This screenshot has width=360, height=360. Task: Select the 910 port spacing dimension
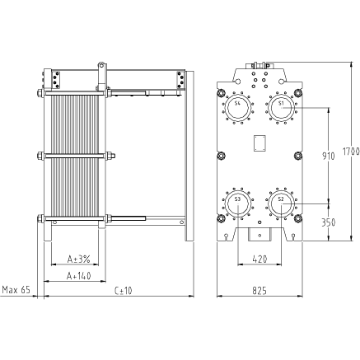click(x=329, y=156)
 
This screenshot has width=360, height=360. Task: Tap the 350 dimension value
click(x=329, y=222)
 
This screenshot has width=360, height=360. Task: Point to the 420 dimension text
click(x=259, y=259)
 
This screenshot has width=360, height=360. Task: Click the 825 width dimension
click(x=259, y=290)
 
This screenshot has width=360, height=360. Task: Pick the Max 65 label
click(x=16, y=290)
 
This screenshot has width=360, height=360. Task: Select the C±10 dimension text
click(x=124, y=290)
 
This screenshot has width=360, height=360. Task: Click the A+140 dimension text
click(x=79, y=276)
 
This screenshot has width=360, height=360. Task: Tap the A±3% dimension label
click(x=79, y=259)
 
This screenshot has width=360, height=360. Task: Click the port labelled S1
click(x=281, y=108)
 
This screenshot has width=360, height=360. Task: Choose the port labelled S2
click(x=281, y=203)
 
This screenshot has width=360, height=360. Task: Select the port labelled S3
click(x=238, y=203)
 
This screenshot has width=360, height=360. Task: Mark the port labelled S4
click(x=238, y=108)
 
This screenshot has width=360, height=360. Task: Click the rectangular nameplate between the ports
click(x=259, y=143)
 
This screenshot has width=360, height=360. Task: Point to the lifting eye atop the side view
click(x=101, y=65)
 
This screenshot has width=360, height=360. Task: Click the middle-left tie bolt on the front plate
click(x=221, y=156)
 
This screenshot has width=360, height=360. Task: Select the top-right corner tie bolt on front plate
click(x=297, y=93)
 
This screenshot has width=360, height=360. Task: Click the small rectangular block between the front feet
click(x=259, y=234)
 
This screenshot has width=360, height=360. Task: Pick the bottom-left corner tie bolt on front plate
click(x=221, y=218)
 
